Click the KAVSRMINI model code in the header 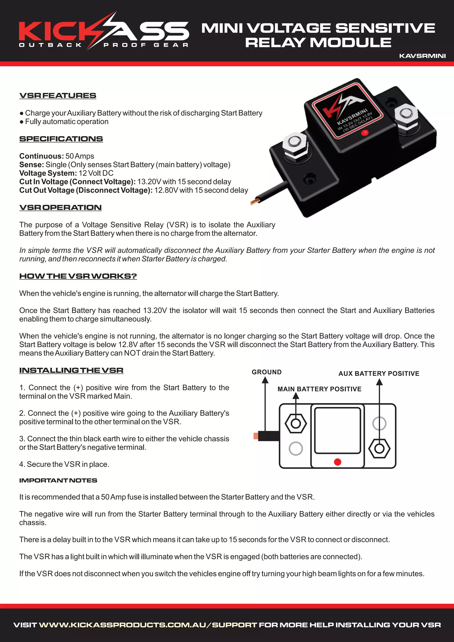click(422, 56)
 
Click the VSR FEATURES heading click(58, 96)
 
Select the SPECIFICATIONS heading click(61, 139)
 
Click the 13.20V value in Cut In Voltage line click(149, 182)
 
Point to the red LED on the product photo click(364, 133)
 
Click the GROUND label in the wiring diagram click(266, 372)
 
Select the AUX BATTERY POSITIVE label click(379, 374)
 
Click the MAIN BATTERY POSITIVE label click(319, 389)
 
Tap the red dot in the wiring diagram click(337, 462)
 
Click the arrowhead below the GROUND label click(265, 380)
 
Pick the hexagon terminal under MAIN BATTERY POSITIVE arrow click(295, 424)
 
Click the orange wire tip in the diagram click(256, 436)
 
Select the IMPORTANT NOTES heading click(58, 480)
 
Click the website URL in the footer click(148, 625)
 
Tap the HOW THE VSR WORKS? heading click(78, 276)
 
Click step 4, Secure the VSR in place click(64, 464)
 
